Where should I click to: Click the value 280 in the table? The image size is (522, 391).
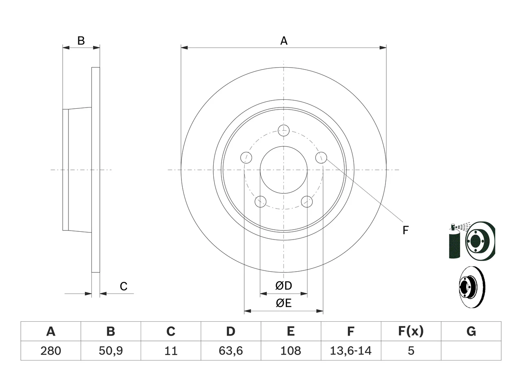[x=51, y=351]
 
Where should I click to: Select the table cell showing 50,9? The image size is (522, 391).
[x=111, y=351]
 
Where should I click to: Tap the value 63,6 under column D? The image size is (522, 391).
[x=231, y=351]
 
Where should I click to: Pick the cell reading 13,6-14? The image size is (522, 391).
[x=351, y=351]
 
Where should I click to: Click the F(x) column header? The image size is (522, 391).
[x=411, y=331]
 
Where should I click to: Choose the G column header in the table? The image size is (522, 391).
[x=471, y=331]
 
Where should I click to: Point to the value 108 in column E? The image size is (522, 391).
[x=291, y=351]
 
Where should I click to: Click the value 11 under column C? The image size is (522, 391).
[x=171, y=351]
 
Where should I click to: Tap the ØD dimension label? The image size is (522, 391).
[x=283, y=286]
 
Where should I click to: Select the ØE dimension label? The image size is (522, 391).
[x=283, y=303]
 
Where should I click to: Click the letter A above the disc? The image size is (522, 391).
[x=284, y=41]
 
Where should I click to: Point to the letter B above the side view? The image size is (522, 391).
[x=81, y=41]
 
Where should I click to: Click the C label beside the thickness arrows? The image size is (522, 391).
[x=124, y=286]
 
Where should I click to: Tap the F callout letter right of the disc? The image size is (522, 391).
[x=405, y=230]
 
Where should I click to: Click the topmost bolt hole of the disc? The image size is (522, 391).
[x=284, y=131]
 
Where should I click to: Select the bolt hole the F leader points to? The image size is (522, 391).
[x=321, y=157]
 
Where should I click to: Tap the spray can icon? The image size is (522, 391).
[x=454, y=242]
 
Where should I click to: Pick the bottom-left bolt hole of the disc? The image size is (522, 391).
[x=261, y=202]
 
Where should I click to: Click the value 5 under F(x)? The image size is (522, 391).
[x=411, y=351]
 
